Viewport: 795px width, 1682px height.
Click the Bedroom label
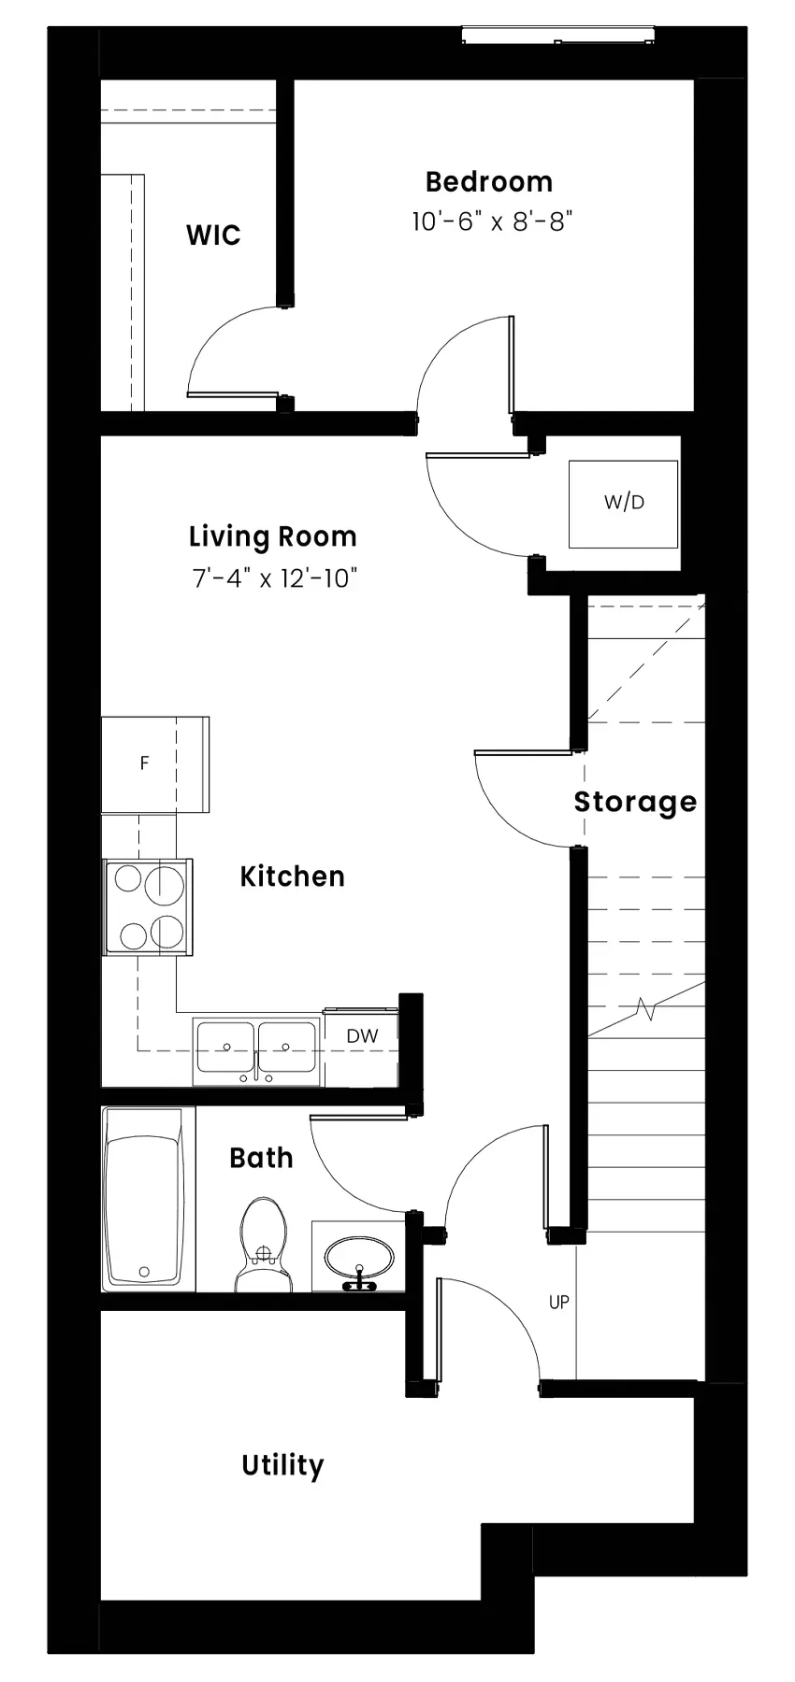click(488, 182)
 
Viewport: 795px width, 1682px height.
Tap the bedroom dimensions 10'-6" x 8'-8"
click(491, 222)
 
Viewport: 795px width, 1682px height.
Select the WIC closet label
click(213, 235)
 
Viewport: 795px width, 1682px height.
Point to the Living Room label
click(273, 537)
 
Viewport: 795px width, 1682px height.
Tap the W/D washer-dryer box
click(624, 504)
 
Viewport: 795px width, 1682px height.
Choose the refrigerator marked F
click(155, 764)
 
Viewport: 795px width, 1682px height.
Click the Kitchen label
click(293, 877)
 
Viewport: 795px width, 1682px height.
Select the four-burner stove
click(148, 907)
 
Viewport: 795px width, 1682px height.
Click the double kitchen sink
click(257, 1052)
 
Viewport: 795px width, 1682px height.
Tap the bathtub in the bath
click(144, 1200)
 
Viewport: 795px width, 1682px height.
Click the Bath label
click(261, 1159)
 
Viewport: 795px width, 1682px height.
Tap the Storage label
click(635, 803)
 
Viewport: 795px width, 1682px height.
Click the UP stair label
click(558, 1302)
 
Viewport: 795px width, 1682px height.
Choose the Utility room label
click(282, 1465)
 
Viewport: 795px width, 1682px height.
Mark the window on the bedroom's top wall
click(558, 36)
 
